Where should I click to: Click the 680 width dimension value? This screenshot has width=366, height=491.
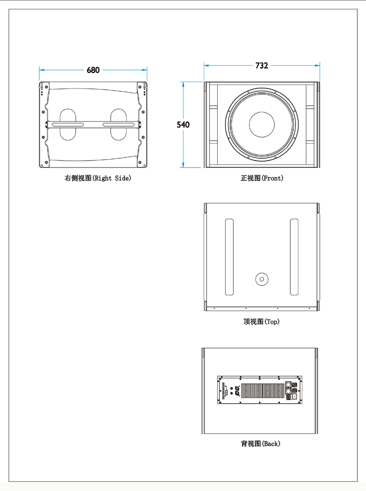tap(93, 70)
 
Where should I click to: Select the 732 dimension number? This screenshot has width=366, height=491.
tap(262, 66)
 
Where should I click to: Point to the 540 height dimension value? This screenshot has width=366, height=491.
tap(183, 124)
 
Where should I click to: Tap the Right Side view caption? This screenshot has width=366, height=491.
tap(98, 178)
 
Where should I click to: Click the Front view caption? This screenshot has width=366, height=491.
tap(262, 178)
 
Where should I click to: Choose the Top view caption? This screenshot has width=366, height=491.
tap(261, 322)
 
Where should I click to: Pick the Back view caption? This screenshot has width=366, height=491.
tap(260, 444)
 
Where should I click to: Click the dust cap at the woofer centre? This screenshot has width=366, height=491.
tap(262, 124)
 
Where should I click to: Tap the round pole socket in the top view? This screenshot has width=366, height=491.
tap(262, 279)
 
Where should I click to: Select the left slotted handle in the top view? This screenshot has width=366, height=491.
tap(229, 257)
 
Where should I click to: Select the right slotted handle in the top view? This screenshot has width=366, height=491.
tap(294, 257)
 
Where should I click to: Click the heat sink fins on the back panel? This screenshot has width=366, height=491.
tap(262, 391)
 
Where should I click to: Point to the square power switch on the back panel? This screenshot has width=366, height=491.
tap(294, 396)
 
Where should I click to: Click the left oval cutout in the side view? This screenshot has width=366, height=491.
tap(68, 124)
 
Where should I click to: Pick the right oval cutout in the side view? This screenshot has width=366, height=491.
tap(118, 124)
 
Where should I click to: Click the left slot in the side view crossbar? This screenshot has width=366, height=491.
tap(68, 125)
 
